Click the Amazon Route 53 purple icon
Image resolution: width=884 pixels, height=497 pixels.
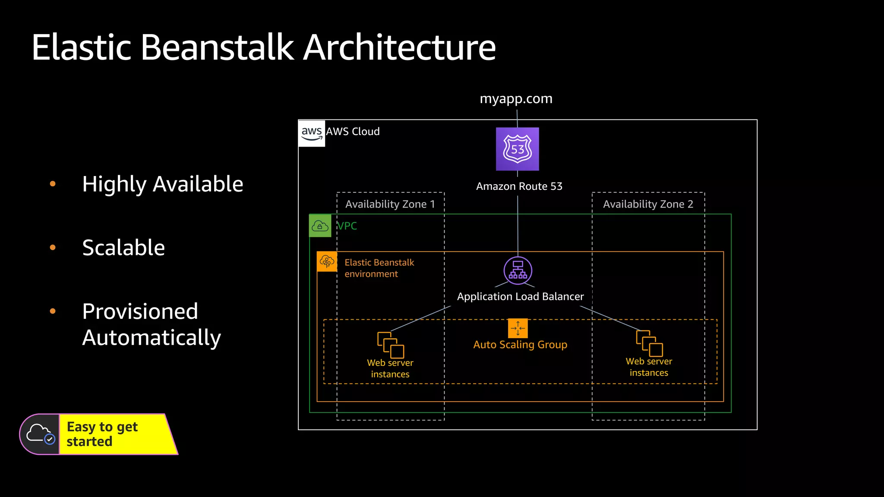517,149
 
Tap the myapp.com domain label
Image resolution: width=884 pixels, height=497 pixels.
516,99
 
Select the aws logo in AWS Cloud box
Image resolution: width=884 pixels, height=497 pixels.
312,133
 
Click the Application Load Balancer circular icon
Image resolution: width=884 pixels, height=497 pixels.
518,271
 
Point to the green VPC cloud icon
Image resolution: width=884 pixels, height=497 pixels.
320,226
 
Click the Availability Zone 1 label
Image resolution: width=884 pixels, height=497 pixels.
390,204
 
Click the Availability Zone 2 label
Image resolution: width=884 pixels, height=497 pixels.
648,204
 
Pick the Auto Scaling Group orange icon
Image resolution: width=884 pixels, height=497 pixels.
518,328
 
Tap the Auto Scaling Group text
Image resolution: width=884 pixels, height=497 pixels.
520,345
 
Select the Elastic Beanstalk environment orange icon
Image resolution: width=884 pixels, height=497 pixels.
327,261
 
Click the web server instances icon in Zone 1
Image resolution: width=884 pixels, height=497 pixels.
391,345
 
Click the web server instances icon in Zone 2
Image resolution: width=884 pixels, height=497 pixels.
649,343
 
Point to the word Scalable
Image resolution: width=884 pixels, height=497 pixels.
123,248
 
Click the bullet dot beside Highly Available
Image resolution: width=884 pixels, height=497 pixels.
53,184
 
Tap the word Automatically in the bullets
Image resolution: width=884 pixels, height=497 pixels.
152,338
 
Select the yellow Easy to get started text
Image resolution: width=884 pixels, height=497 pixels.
102,434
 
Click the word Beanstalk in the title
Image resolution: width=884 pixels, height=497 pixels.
217,47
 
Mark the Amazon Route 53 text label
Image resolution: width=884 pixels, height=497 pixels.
519,186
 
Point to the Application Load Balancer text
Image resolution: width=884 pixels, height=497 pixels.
520,297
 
